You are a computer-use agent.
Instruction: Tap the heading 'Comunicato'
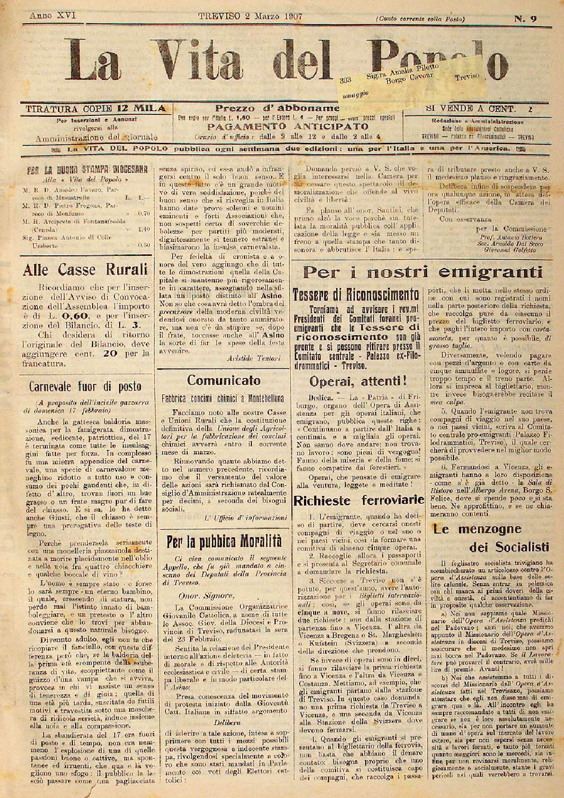click(x=223, y=380)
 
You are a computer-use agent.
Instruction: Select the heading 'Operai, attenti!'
click(x=357, y=381)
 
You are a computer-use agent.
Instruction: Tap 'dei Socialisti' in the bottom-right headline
click(x=509, y=546)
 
